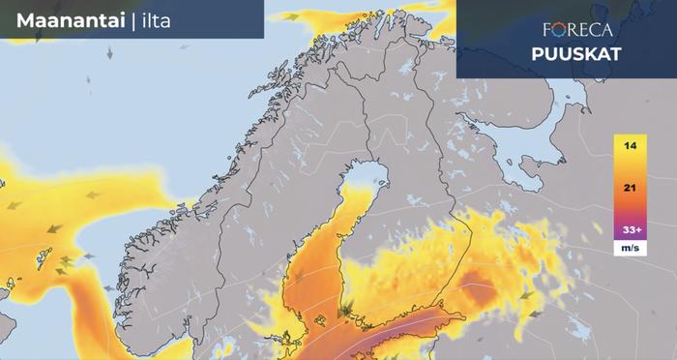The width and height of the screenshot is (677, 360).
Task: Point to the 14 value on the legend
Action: coord(630,146)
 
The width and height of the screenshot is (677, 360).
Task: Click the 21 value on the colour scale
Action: coord(630,190)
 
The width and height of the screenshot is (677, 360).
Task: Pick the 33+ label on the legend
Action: coord(630,230)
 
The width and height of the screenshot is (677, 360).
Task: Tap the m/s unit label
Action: coord(630,249)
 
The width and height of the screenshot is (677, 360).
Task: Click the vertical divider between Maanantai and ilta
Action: coord(132,20)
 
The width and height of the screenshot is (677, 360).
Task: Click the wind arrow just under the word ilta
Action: coord(109,52)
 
